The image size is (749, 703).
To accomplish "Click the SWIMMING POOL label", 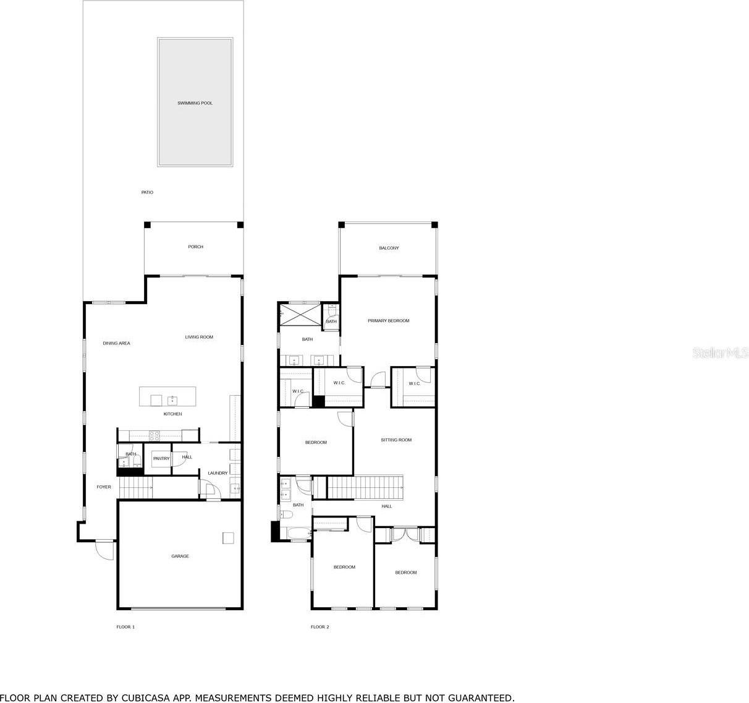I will pos(195,103).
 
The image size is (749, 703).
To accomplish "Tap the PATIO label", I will pos(146,192).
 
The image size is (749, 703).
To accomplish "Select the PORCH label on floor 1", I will pos(195,247).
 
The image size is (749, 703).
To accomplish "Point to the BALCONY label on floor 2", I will pos(389,248).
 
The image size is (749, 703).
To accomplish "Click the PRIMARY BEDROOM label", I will pos(388,321).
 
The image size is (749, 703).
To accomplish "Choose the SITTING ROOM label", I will pos(396,440).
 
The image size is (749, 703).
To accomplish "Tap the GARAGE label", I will pos(180,556).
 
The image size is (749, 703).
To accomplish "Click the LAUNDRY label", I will pos(218,473).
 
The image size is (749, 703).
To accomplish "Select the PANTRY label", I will pos(161,458).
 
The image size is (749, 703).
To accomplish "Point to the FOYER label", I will pos(104,487).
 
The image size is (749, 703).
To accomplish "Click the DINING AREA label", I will pos(116,343).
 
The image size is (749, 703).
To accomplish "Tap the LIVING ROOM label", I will pos(199,337).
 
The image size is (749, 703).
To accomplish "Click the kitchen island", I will pos(167,397).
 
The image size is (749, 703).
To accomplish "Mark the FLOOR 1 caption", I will pos(125,627).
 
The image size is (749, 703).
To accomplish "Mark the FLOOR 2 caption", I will pos(319,627).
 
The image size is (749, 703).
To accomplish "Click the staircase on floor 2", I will pos(365,487).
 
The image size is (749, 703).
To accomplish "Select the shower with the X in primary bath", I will pos(299,315).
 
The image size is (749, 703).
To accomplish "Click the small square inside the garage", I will pos(228,538).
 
